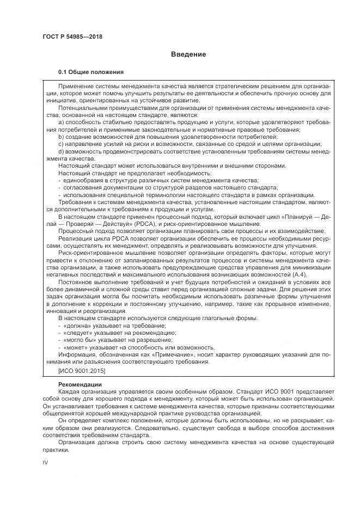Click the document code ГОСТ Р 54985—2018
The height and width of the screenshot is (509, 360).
tap(72, 36)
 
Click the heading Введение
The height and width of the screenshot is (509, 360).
tap(188, 54)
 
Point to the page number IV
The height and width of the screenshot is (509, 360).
tap(46, 462)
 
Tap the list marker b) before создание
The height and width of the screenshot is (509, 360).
tap(61, 137)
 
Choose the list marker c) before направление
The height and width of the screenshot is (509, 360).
tap(61, 144)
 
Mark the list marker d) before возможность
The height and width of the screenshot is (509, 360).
tap(61, 151)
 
